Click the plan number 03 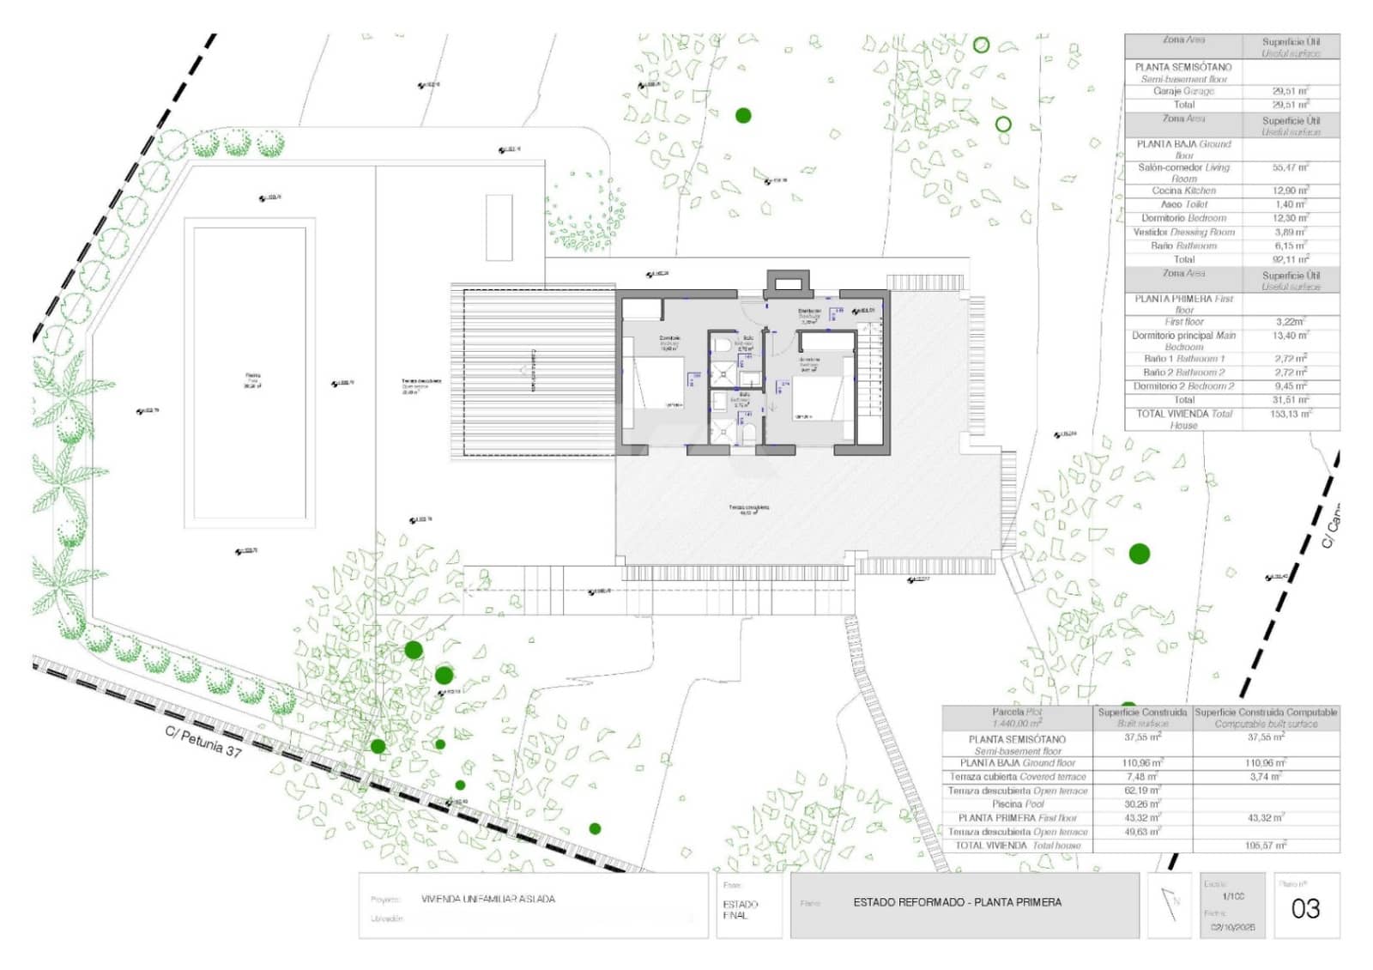(1305, 908)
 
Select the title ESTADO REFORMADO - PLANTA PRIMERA (957, 902)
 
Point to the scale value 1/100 (1233, 896)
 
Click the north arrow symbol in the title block (1170, 904)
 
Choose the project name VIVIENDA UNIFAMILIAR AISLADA (487, 899)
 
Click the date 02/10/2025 (1232, 927)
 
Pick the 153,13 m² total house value (1290, 414)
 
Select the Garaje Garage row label (1183, 91)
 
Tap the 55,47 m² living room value (1290, 167)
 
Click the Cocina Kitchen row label (1183, 191)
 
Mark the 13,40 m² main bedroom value (1290, 336)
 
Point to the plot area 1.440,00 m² (1016, 724)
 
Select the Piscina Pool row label (1018, 804)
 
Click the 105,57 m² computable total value (1266, 846)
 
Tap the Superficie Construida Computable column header (1266, 712)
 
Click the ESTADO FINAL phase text (740, 910)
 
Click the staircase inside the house (871, 378)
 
